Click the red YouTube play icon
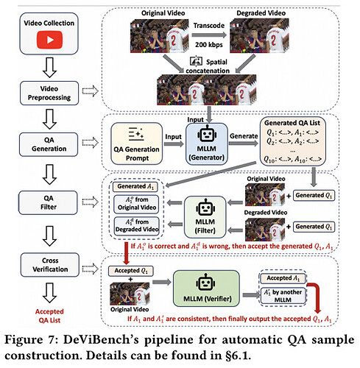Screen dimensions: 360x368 (49, 40)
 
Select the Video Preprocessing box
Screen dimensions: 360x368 (49, 93)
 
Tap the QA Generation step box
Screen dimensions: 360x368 (49, 144)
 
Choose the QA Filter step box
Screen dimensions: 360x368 (49, 202)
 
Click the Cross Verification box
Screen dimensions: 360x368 (50, 265)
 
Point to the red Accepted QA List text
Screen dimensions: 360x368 (49, 316)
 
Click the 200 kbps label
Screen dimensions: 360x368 (209, 45)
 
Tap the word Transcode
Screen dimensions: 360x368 (209, 26)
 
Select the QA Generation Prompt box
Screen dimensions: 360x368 (137, 144)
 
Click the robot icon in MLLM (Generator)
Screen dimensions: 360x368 (207, 134)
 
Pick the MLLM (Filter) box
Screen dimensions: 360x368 (205, 217)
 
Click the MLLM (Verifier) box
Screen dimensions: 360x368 (206, 289)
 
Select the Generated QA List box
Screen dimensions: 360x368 (293, 141)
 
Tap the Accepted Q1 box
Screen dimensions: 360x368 (131, 271)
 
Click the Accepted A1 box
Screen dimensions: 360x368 (283, 278)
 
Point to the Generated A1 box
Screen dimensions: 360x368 (135, 187)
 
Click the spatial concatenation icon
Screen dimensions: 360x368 (196, 61)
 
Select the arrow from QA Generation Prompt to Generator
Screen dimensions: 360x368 (174, 144)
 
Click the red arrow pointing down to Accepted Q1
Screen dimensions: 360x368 (127, 253)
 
